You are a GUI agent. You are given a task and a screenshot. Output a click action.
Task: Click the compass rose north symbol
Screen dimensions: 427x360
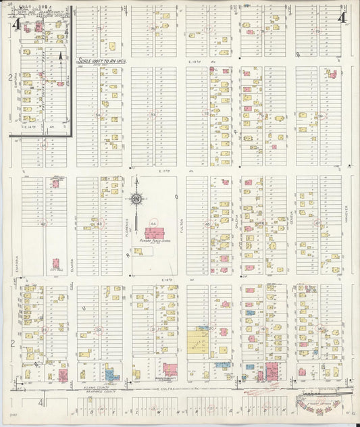pos(136,199)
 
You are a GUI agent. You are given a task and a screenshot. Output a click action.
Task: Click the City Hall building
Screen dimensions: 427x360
pos(55,263)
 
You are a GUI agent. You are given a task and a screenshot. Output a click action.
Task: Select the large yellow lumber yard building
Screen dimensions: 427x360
pos(199,345)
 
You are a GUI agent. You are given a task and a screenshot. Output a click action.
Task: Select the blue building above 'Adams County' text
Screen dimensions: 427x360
pos(110,373)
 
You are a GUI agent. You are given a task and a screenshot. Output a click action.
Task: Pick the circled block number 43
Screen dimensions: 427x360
pos(100,223)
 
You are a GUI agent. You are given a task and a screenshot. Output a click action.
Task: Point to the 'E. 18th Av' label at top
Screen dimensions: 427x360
pos(197,61)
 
